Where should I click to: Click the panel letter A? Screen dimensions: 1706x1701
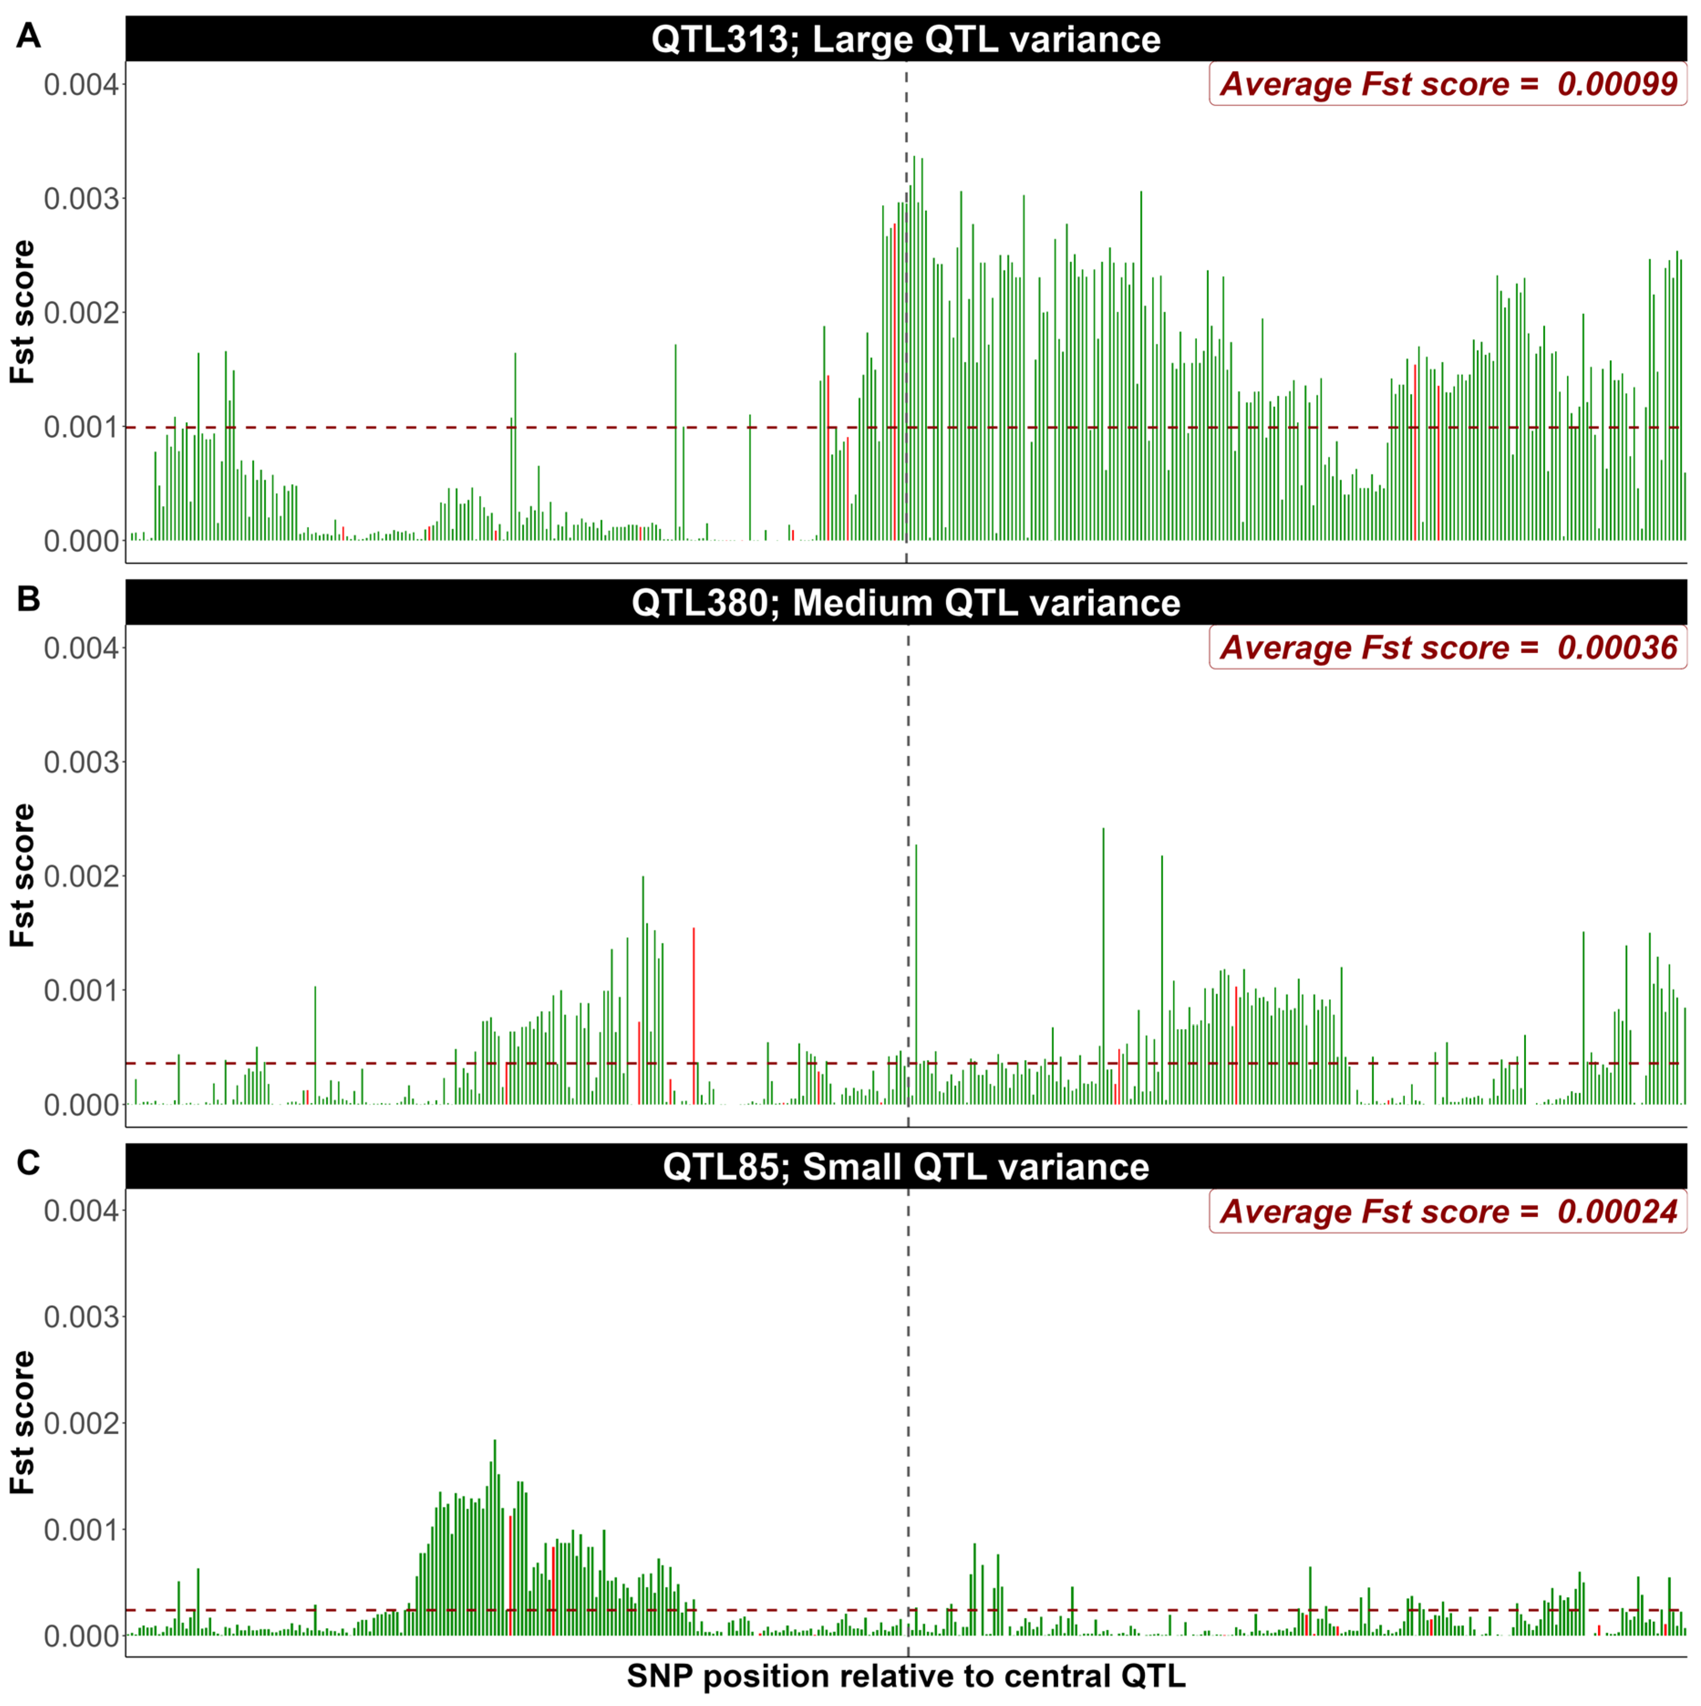click(28, 36)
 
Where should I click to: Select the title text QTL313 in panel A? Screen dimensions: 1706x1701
click(718, 40)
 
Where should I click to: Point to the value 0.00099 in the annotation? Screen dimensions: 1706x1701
click(1616, 84)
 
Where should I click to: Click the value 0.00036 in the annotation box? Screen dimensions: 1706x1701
click(1616, 647)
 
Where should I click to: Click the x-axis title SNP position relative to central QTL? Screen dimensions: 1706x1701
click(906, 1675)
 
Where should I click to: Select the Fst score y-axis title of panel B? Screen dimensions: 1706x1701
click(22, 875)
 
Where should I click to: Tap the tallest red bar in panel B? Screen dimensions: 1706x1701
click(694, 1015)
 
